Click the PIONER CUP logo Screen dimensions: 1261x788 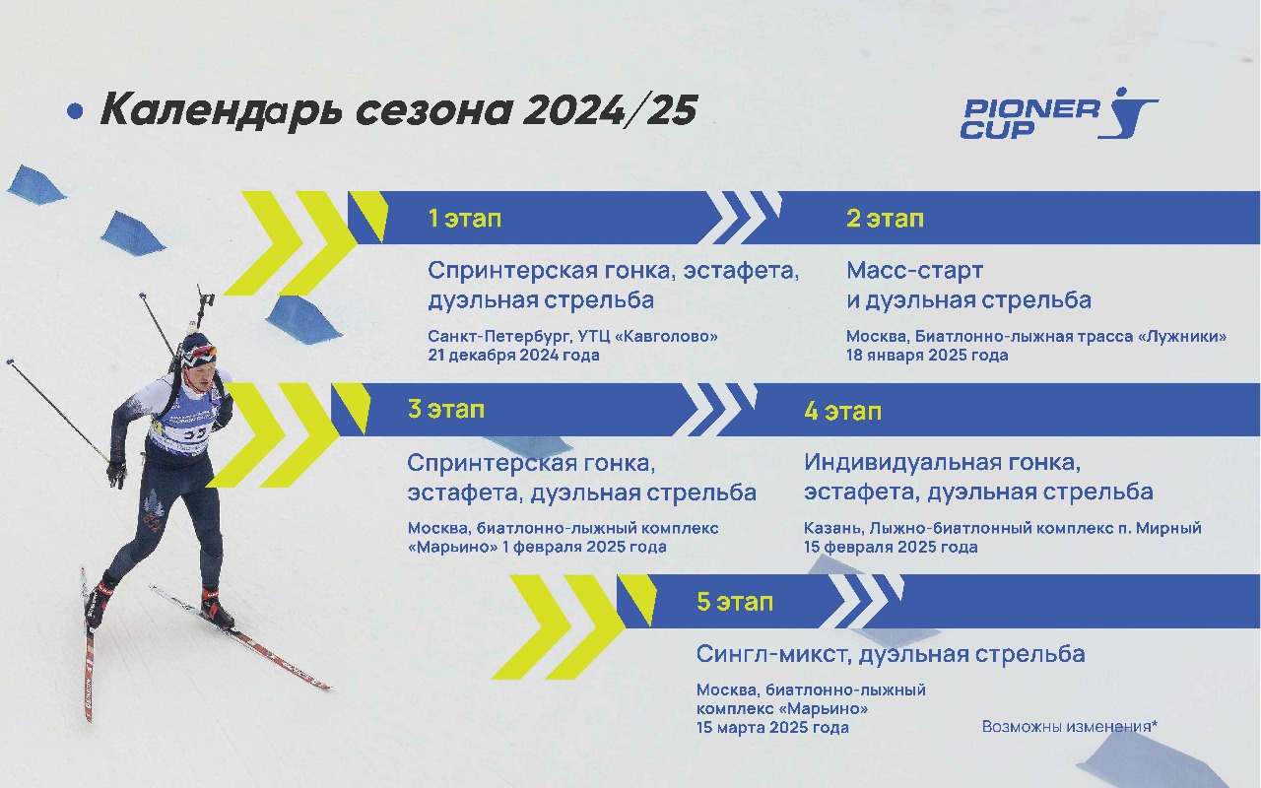coord(1058,113)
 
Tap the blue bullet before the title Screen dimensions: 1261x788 coord(75,111)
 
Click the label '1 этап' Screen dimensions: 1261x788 coord(464,219)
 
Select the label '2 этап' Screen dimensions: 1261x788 coord(885,219)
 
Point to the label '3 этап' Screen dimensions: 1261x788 coord(446,409)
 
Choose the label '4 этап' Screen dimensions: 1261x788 coord(842,412)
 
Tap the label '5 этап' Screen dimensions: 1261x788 coord(735,602)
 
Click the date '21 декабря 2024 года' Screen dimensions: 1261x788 coord(513,356)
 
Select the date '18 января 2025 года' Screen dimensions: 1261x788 coord(927,356)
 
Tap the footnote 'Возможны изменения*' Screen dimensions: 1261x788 coord(1070,726)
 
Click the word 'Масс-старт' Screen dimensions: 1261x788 coord(915,271)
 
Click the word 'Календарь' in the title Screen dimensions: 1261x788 coord(222,111)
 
